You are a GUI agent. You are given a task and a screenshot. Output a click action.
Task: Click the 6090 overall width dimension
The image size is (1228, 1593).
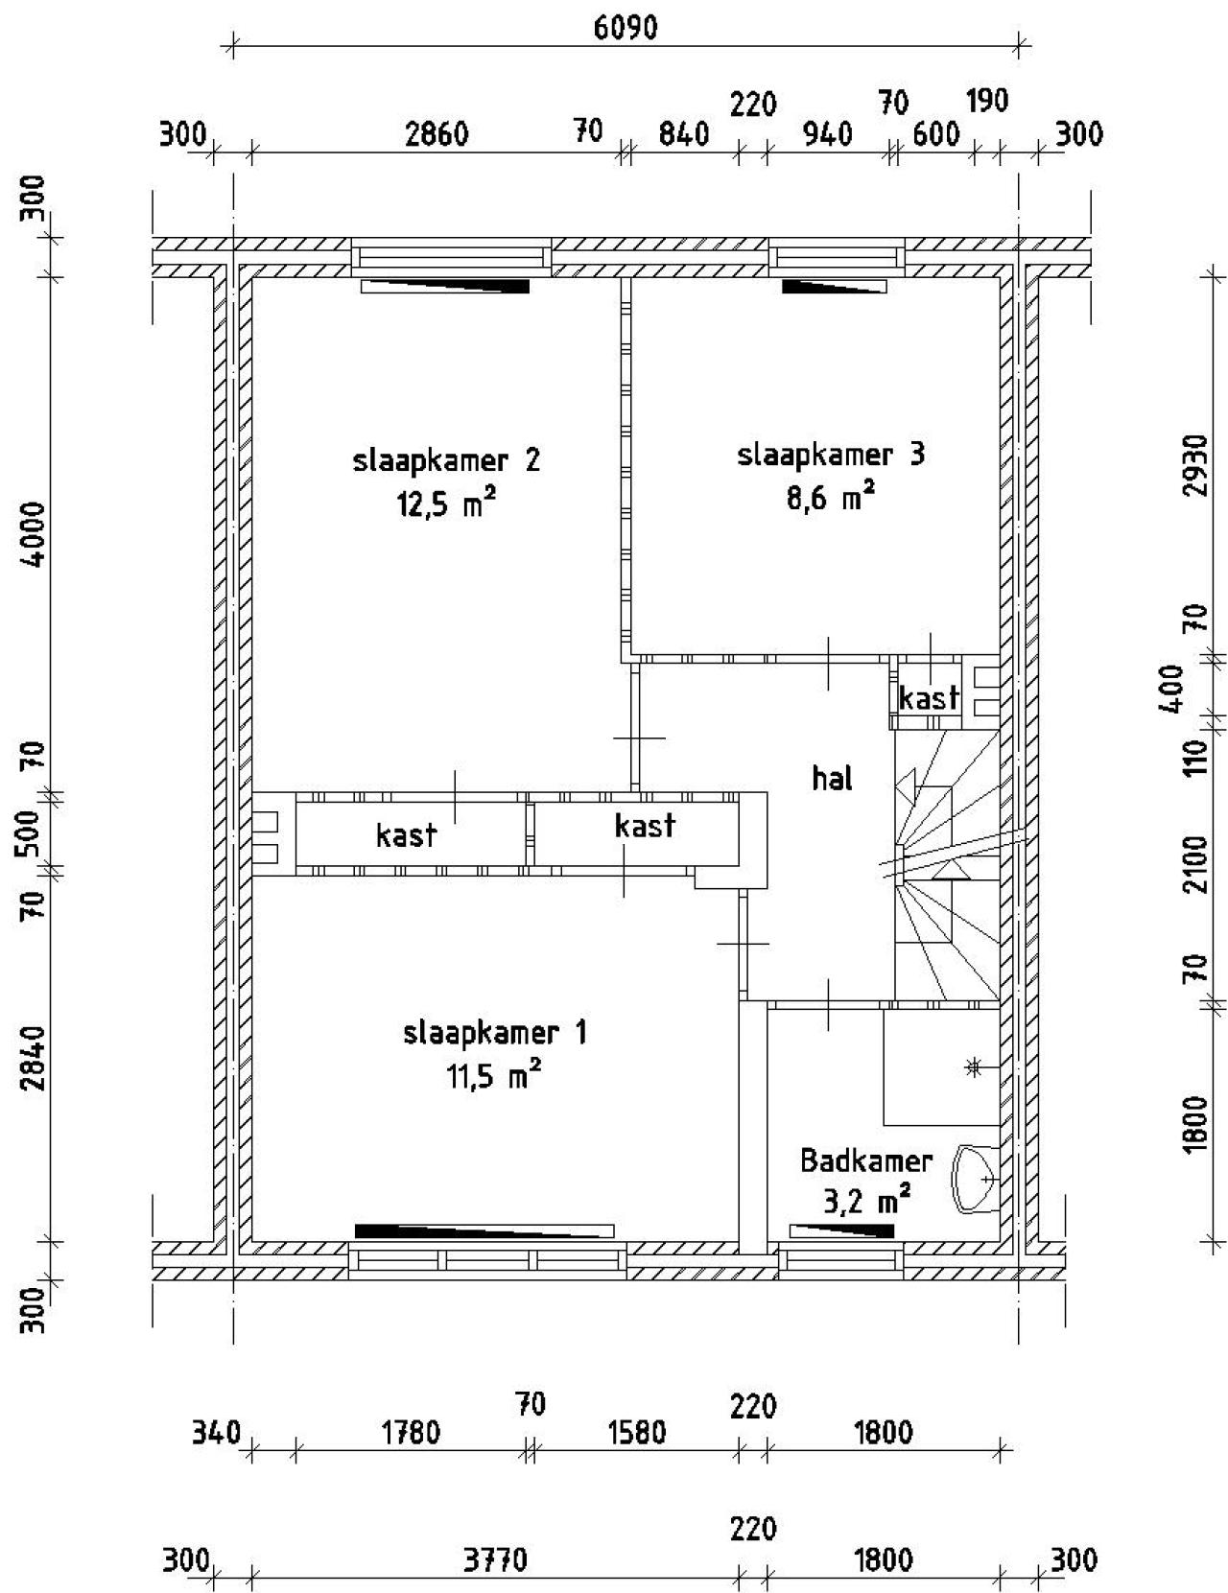pos(626,28)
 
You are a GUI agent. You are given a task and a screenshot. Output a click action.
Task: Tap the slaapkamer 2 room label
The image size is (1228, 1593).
pos(446,461)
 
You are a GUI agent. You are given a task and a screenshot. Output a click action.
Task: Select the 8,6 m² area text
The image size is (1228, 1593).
pos(830,499)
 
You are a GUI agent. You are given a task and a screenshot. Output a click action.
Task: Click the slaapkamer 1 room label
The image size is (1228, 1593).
pos(494,1033)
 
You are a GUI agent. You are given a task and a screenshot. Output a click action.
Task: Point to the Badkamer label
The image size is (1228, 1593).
pos(865,1161)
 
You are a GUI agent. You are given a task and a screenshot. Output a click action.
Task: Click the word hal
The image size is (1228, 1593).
pos(832,779)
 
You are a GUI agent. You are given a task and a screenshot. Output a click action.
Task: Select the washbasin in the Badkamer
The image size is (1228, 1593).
pos(974,1179)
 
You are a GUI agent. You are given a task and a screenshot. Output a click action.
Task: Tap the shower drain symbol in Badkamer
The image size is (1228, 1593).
pos(973,1066)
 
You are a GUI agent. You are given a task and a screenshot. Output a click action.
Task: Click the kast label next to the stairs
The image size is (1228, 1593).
pos(928,698)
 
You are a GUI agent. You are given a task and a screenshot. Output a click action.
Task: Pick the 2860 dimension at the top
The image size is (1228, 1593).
pos(437,133)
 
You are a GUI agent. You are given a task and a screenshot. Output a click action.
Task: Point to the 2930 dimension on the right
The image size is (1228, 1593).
pos(1194,465)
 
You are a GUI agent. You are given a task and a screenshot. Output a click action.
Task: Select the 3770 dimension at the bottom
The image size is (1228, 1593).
pos(495,1560)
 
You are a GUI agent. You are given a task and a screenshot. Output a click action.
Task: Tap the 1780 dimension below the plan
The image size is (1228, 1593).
pos(411,1433)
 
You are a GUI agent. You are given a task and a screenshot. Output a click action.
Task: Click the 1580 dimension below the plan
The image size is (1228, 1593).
pos(636,1433)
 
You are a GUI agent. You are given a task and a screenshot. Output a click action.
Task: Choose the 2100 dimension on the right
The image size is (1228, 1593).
pos(1194,863)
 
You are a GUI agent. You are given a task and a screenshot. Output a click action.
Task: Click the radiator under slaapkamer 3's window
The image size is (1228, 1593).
pos(834,286)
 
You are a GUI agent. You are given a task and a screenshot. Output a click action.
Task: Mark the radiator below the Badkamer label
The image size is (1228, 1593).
pos(841,1230)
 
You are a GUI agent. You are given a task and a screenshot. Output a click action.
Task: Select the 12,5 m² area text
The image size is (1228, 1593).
pos(446,504)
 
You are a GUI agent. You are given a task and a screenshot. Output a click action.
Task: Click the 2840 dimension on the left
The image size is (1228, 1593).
pos(35,1058)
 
